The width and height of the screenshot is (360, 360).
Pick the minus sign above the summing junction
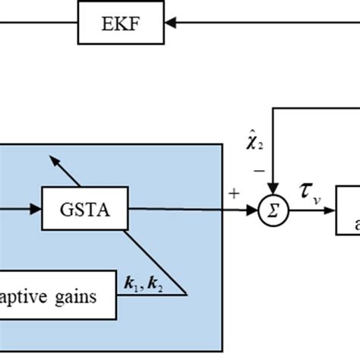pyautogui.click(x=259, y=172)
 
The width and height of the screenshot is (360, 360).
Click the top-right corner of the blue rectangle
pyautogui.click(x=222, y=144)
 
